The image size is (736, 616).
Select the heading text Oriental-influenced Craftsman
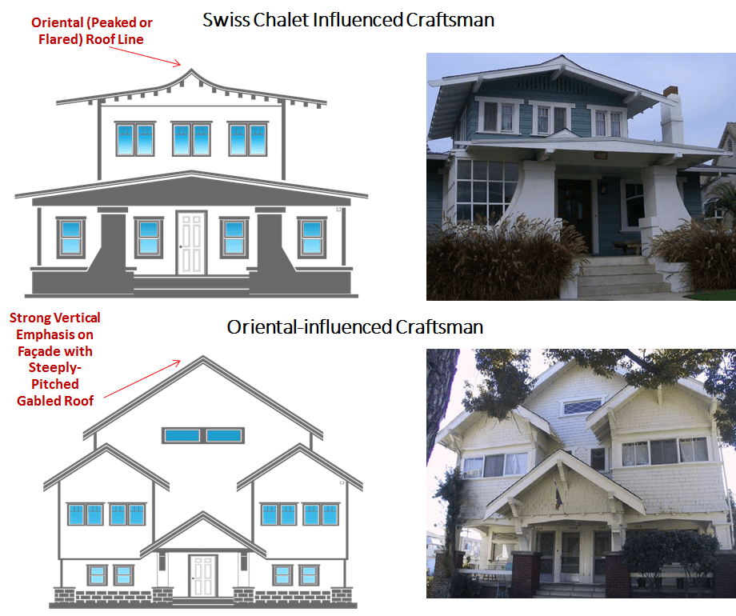click(354, 327)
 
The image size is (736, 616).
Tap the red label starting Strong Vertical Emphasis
click(55, 359)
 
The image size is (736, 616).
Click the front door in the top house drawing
click(191, 242)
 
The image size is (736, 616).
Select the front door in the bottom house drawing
click(202, 575)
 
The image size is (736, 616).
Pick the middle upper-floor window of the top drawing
click(191, 139)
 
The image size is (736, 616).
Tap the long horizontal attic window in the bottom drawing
click(202, 435)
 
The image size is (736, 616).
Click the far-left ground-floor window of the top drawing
click(70, 237)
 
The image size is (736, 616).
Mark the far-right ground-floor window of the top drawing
click(312, 237)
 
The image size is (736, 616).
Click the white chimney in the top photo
click(672, 116)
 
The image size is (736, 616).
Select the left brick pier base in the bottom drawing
click(160, 596)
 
